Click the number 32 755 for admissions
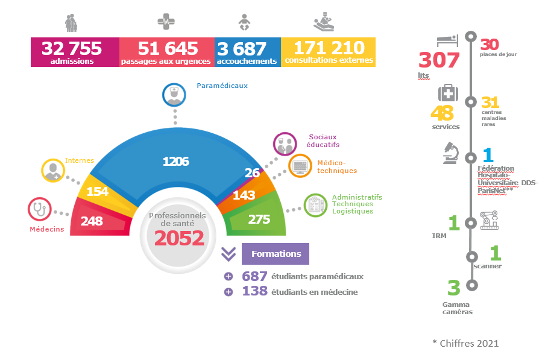click(71, 48)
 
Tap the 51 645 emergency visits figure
click(167, 48)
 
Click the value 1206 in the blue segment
click(176, 161)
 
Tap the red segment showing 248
click(92, 221)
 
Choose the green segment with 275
click(259, 219)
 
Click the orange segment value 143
click(244, 195)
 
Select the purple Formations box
click(276, 254)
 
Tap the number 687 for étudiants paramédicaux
click(254, 276)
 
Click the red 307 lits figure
click(439, 60)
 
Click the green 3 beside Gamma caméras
click(453, 288)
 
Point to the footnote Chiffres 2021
click(465, 343)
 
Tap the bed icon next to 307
click(447, 40)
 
